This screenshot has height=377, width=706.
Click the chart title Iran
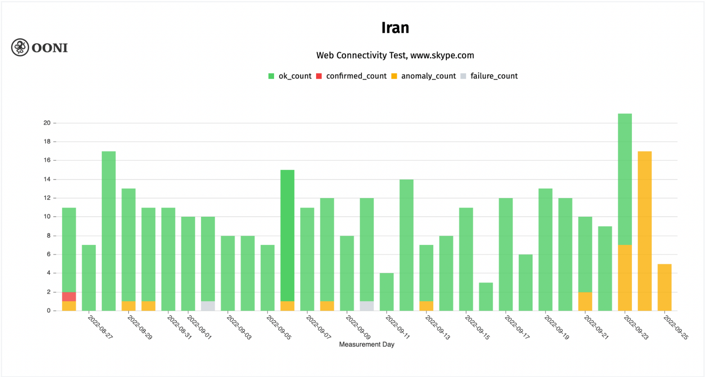(x=395, y=28)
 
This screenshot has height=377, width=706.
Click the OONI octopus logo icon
(x=20, y=47)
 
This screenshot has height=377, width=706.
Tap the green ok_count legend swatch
(x=271, y=76)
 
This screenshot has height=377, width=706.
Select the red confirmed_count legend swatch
(x=319, y=76)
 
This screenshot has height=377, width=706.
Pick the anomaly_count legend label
(x=428, y=76)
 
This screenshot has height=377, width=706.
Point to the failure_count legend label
(x=494, y=76)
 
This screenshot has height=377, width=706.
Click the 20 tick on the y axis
(x=47, y=123)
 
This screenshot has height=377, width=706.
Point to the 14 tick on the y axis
(x=47, y=179)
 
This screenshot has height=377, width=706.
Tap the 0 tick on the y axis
(x=49, y=311)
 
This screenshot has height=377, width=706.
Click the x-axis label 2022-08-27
(x=100, y=327)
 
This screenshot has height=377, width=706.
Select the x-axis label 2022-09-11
(x=398, y=327)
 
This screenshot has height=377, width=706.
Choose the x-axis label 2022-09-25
(x=676, y=327)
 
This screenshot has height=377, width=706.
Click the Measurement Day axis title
(x=367, y=345)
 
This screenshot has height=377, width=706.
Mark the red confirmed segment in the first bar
(x=69, y=297)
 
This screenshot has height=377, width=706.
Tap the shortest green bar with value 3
(x=486, y=297)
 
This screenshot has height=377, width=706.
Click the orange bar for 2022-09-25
(x=664, y=287)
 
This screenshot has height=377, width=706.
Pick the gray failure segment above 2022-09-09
(x=367, y=306)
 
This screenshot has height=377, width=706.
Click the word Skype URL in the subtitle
(x=442, y=55)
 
